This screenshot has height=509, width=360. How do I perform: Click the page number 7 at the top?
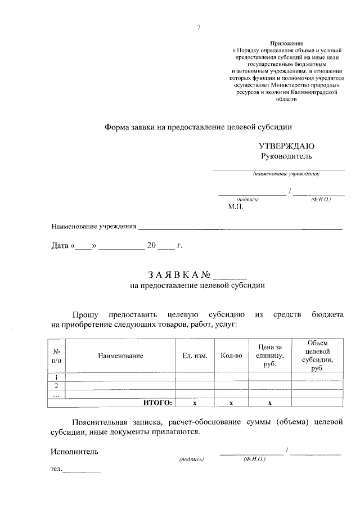coord(199,28)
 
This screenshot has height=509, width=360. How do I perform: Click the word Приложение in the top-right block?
coord(287,43)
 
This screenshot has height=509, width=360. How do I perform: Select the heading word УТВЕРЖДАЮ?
coord(286,146)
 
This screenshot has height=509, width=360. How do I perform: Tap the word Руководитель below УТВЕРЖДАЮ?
coord(286,156)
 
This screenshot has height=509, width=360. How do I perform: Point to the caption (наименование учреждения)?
coord(286,174)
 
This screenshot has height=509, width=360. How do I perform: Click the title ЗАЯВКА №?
coord(179,275)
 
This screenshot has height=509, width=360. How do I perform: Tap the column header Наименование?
coord(120,356)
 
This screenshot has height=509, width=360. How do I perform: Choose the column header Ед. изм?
coord(195,356)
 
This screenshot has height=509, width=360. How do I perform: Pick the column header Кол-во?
coord(231,356)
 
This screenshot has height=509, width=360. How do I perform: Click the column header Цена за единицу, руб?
coord(270,356)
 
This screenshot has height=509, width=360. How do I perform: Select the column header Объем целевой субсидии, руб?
coord(317,355)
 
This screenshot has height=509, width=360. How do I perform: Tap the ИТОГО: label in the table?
coord(157,403)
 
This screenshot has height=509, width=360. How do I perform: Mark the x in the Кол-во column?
coord(231,403)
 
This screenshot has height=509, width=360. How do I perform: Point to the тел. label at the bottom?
coord(56,470)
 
